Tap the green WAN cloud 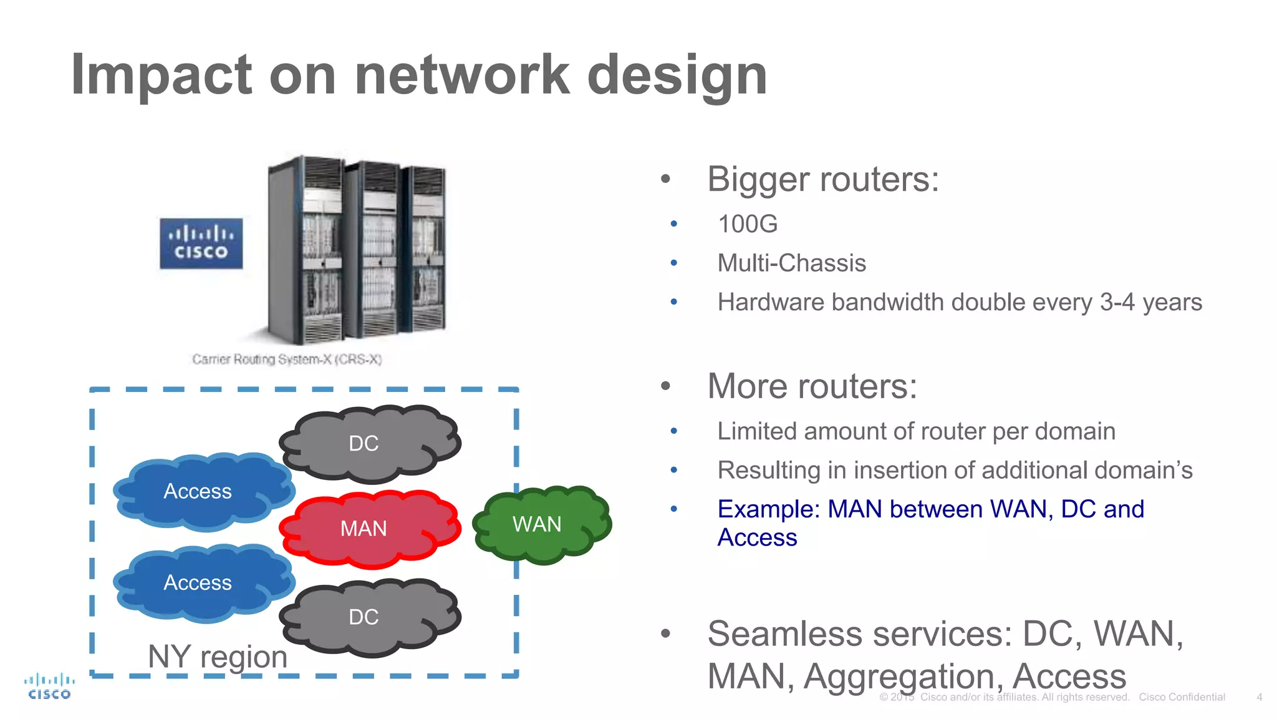[x=540, y=524]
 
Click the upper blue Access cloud [x=200, y=491]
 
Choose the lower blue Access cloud [x=200, y=582]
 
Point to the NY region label [x=218, y=657]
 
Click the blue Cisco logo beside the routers [x=201, y=243]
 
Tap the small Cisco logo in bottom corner [x=49, y=686]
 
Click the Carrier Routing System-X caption [x=287, y=359]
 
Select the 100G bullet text [x=748, y=224]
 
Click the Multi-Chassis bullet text [x=791, y=263]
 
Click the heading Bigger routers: [x=822, y=180]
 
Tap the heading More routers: [x=812, y=386]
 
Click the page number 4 [x=1259, y=697]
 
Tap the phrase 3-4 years [x=1150, y=303]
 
